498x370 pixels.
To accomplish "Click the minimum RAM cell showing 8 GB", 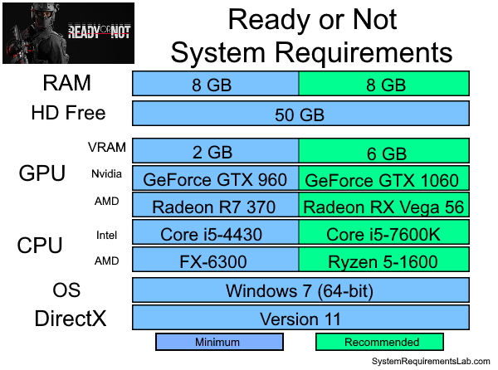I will click(216, 84).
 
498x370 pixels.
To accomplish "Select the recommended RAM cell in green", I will click(383, 84).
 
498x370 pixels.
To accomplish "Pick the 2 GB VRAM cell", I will click(216, 152).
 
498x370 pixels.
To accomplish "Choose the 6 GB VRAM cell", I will click(383, 152).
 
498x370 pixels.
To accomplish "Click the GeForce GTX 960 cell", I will click(216, 179).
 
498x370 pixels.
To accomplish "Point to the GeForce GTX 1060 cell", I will click(383, 179).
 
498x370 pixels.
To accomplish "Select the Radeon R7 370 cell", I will click(216, 207).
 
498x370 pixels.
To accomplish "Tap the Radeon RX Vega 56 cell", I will click(383, 207).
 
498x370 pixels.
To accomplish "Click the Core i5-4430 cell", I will click(216, 235).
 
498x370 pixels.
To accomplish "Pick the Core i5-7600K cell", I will click(383, 235).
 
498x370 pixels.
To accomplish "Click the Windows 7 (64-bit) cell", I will click(300, 290).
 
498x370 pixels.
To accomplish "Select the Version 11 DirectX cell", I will click(300, 318).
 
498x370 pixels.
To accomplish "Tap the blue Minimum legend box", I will click(219, 342).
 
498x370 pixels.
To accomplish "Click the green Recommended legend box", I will click(379, 342).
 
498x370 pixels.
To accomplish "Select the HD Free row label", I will click(68, 113).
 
